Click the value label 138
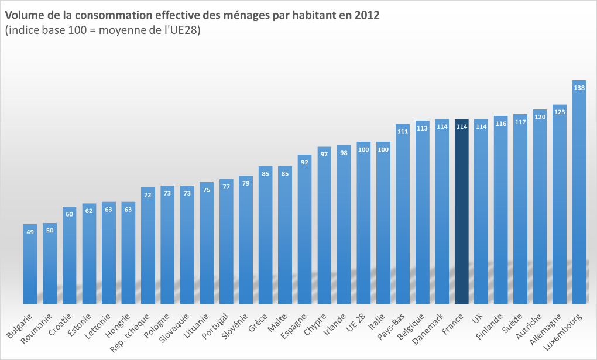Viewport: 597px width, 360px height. click(x=579, y=88)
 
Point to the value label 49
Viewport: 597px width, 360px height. click(x=30, y=232)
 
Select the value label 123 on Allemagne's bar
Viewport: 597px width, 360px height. click(x=560, y=112)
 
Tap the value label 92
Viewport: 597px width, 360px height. click(x=304, y=162)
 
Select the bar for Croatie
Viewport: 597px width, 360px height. click(x=70, y=258)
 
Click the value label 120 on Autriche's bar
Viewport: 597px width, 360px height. click(x=540, y=117)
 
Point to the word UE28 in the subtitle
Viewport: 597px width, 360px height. click(x=184, y=31)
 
